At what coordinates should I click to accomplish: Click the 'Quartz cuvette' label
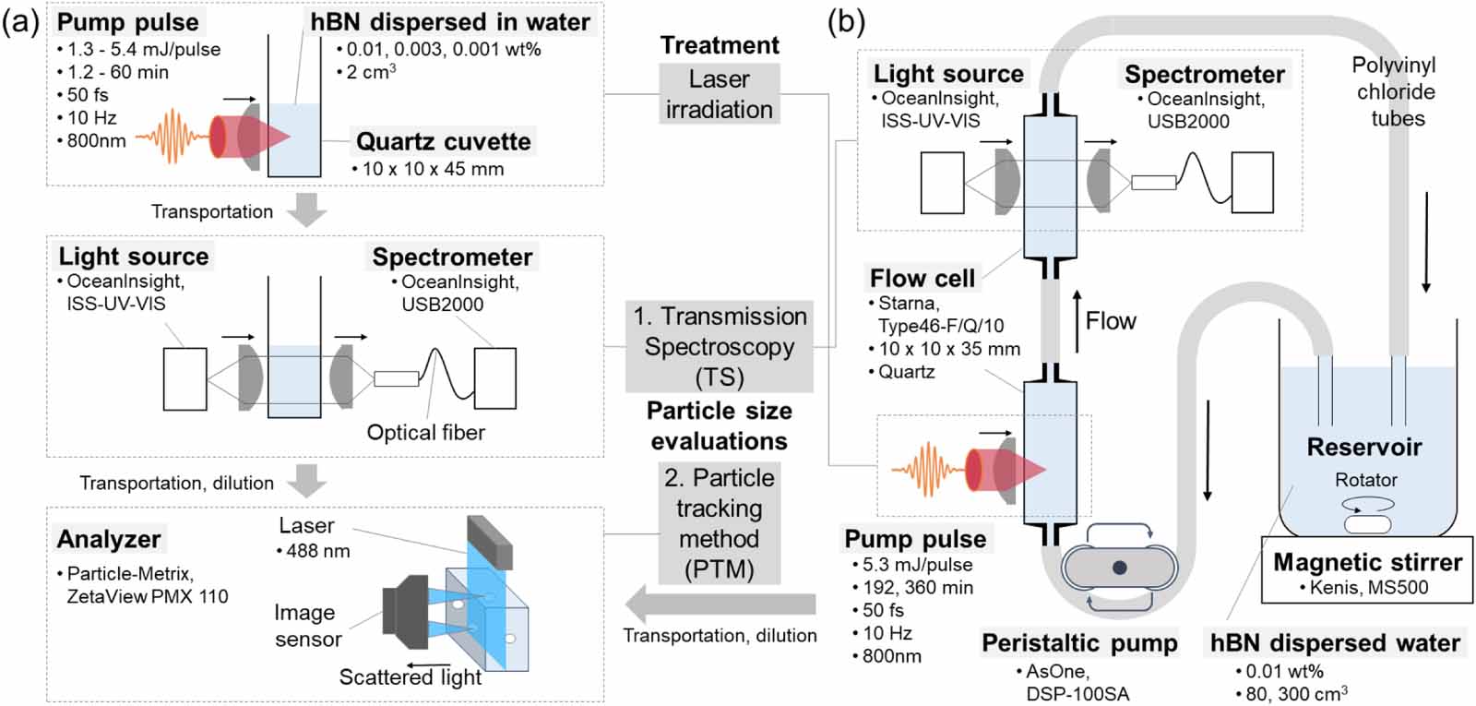[x=443, y=141]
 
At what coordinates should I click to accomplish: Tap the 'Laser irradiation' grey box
[x=719, y=94]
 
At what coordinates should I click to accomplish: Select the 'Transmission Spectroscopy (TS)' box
[x=719, y=346]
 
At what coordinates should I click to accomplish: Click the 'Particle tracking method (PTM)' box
[x=719, y=523]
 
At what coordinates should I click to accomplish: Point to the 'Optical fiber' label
[x=425, y=433]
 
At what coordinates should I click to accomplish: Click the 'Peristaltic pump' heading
[x=1079, y=643]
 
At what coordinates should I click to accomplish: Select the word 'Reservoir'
[x=1364, y=448]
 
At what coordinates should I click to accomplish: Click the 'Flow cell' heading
[x=922, y=278]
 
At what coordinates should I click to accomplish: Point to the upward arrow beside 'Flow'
[x=1076, y=321]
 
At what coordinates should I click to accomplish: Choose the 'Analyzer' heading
[x=109, y=539]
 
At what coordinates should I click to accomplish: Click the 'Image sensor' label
[x=306, y=626]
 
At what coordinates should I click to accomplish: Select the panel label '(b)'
[x=845, y=21]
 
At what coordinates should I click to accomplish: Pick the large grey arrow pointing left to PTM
[x=720, y=604]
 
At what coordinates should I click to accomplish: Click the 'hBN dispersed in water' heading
[x=450, y=22]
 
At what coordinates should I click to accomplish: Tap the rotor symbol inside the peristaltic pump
[x=1119, y=568]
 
